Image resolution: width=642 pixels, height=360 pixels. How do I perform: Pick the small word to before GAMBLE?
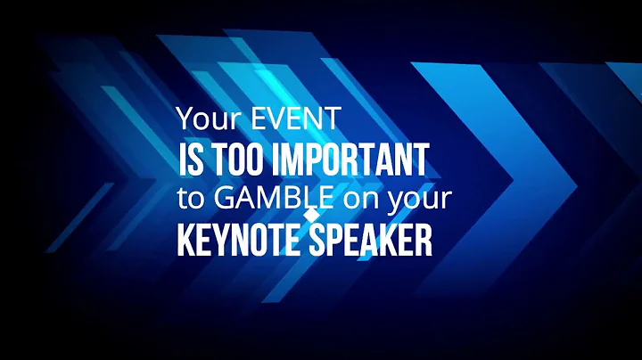point(187,199)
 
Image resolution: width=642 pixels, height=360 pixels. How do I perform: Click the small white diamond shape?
point(311,216)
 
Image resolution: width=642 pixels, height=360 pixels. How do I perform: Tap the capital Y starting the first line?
point(184,119)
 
